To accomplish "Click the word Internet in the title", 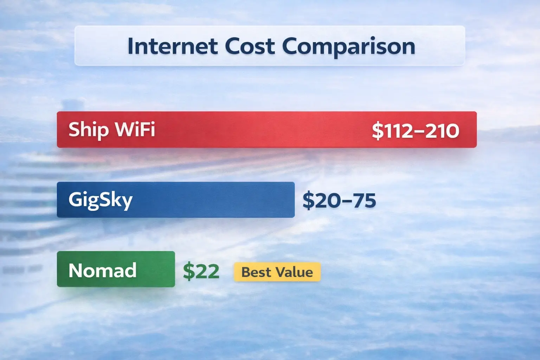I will [x=172, y=46].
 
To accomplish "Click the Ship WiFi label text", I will [x=111, y=129].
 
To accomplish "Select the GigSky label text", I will [x=100, y=200].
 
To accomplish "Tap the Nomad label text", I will [x=102, y=270].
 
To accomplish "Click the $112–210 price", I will [x=415, y=131].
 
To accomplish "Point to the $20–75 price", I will [x=339, y=200].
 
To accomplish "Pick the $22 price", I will [x=201, y=271].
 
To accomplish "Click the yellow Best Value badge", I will [x=277, y=272].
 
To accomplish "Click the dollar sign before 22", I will [x=189, y=271].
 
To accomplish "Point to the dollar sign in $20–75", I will [x=308, y=200].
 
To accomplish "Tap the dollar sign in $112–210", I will [x=378, y=131].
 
